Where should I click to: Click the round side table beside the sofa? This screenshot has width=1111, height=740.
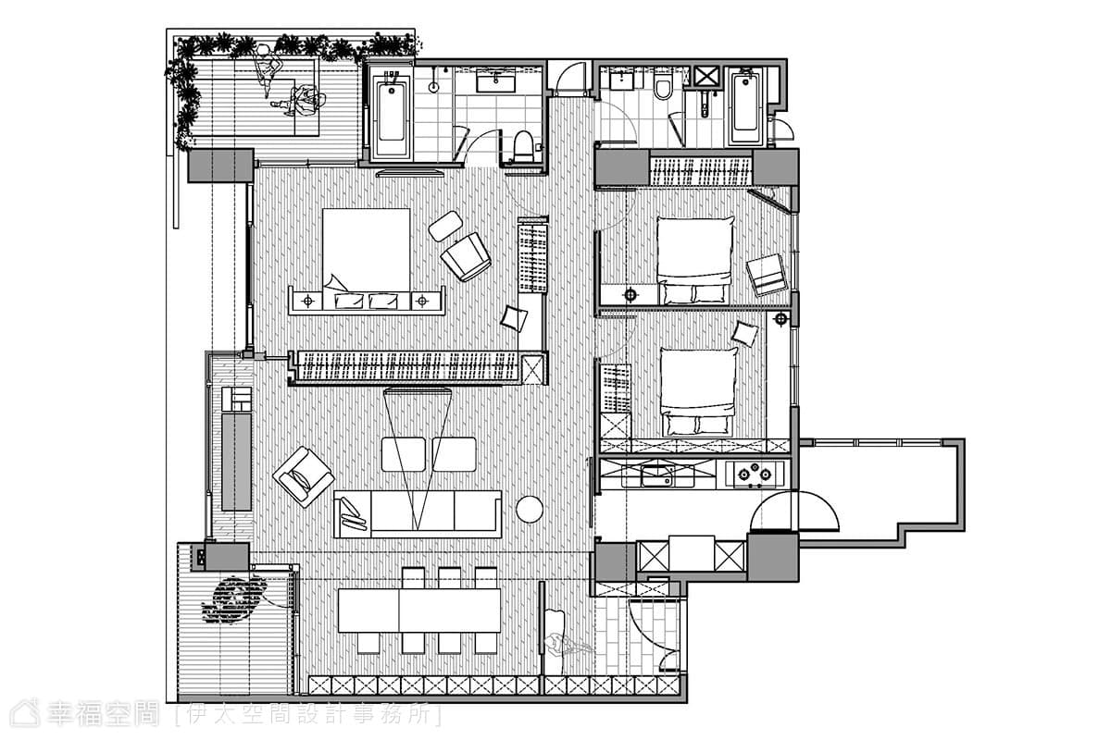[x=530, y=509]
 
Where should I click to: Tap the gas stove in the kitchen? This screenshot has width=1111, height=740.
[x=754, y=474]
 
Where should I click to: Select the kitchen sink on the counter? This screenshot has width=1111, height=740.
[x=657, y=475]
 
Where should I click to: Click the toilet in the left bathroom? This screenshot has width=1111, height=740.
[x=523, y=146]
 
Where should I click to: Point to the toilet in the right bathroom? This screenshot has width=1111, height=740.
[x=663, y=88]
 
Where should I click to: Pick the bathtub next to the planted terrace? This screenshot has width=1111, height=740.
[x=392, y=115]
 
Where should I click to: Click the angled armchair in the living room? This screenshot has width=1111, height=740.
[x=304, y=476]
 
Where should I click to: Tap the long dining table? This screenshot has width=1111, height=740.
[x=419, y=610]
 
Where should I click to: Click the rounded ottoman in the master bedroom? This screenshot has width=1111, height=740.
[x=445, y=226]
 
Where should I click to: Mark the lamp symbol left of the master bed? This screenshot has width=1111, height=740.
[x=308, y=301]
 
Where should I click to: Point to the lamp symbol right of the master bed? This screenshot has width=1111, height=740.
[x=422, y=301]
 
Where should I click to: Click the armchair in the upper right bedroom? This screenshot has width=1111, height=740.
[x=767, y=275]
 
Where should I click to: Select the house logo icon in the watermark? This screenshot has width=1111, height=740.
[x=26, y=714]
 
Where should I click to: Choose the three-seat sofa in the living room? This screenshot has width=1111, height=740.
[x=418, y=514]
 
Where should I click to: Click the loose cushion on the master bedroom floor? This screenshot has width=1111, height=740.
[x=513, y=318]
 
